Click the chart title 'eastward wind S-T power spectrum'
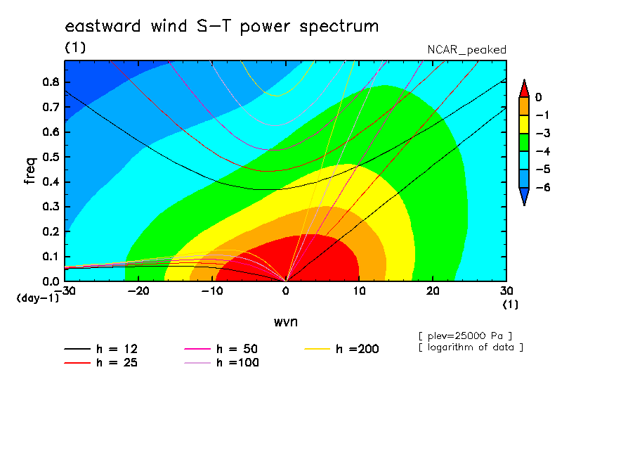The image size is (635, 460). tap(222, 26)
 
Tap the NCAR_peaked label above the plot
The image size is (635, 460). tap(466, 50)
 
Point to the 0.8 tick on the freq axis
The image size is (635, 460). tap(51, 82)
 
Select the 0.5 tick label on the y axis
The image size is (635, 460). tap(51, 157)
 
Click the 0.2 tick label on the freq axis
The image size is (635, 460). tap(51, 231)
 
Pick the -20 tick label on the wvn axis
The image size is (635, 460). tap(138, 291)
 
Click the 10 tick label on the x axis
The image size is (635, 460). tap(359, 291)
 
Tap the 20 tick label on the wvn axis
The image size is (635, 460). tap(433, 291)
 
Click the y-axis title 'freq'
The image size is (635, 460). tap(30, 171)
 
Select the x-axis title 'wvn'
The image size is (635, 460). tap(286, 322)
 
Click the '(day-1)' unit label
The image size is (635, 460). tap(37, 298)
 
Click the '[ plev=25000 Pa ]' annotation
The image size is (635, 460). tap(465, 336)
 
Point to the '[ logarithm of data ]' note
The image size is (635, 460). tap(471, 347)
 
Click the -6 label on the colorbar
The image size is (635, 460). tap(543, 187)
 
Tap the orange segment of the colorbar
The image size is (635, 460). tap(524, 106)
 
